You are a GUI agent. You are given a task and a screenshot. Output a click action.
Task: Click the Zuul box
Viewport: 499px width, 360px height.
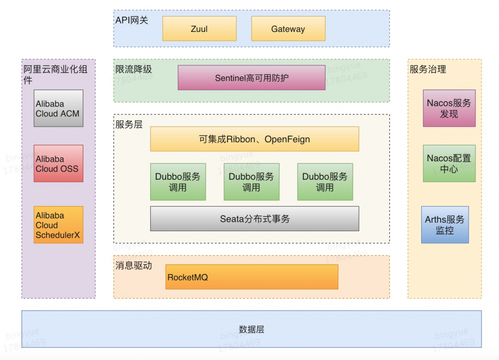pos(199,29)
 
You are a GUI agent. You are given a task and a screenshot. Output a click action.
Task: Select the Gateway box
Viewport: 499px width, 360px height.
pos(288,29)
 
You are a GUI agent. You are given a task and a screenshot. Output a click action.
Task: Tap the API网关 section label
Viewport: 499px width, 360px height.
pos(132,20)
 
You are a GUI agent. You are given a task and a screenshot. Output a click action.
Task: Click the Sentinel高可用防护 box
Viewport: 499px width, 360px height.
pos(251,78)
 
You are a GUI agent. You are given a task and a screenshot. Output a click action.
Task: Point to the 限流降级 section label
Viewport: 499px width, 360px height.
pos(133,69)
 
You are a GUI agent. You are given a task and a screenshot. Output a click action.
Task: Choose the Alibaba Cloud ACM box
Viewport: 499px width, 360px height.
pos(58,108)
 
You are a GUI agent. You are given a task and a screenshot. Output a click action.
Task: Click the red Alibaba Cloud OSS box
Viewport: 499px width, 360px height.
pos(58,164)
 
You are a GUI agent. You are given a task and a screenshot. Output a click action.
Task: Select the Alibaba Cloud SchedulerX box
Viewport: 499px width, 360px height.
pos(58,225)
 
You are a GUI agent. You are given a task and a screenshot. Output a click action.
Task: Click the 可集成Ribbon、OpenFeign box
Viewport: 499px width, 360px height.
pos(254,139)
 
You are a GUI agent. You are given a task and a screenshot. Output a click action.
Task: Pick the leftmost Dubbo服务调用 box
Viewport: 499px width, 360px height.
pos(178,182)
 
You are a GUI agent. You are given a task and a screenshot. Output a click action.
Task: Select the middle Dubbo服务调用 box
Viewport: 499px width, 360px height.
pos(251,182)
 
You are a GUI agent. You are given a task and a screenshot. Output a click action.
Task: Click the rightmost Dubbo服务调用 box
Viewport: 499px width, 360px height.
pos(325,182)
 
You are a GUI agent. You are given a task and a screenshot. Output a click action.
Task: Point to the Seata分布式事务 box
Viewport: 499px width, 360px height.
pos(254,219)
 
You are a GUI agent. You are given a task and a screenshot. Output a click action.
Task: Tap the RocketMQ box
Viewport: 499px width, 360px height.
pos(252,277)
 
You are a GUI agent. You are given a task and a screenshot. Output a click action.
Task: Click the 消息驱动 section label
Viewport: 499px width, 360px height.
pos(133,266)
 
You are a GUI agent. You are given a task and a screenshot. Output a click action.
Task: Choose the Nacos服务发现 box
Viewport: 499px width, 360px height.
pos(449,108)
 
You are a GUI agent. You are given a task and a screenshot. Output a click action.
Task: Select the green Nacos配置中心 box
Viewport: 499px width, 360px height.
pos(449,164)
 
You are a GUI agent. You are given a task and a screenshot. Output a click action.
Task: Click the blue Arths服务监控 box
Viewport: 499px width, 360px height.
pos(445,225)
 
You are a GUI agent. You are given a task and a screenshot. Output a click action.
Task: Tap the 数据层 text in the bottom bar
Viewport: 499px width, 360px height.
pos(251,329)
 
